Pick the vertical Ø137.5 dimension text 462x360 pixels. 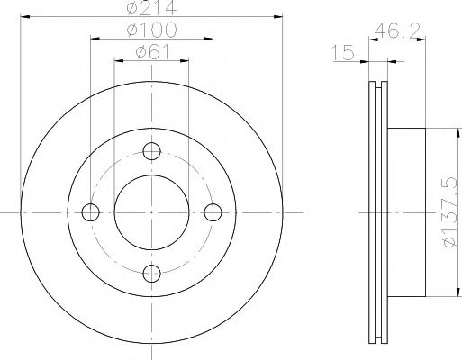[448, 212]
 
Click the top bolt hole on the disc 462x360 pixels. [151, 150]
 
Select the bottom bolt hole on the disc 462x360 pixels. [151, 274]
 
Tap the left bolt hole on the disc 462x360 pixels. [90, 212]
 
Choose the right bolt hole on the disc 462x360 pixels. [213, 212]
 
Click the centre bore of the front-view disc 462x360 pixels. [151, 212]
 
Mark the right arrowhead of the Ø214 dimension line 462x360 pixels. [278, 17]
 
